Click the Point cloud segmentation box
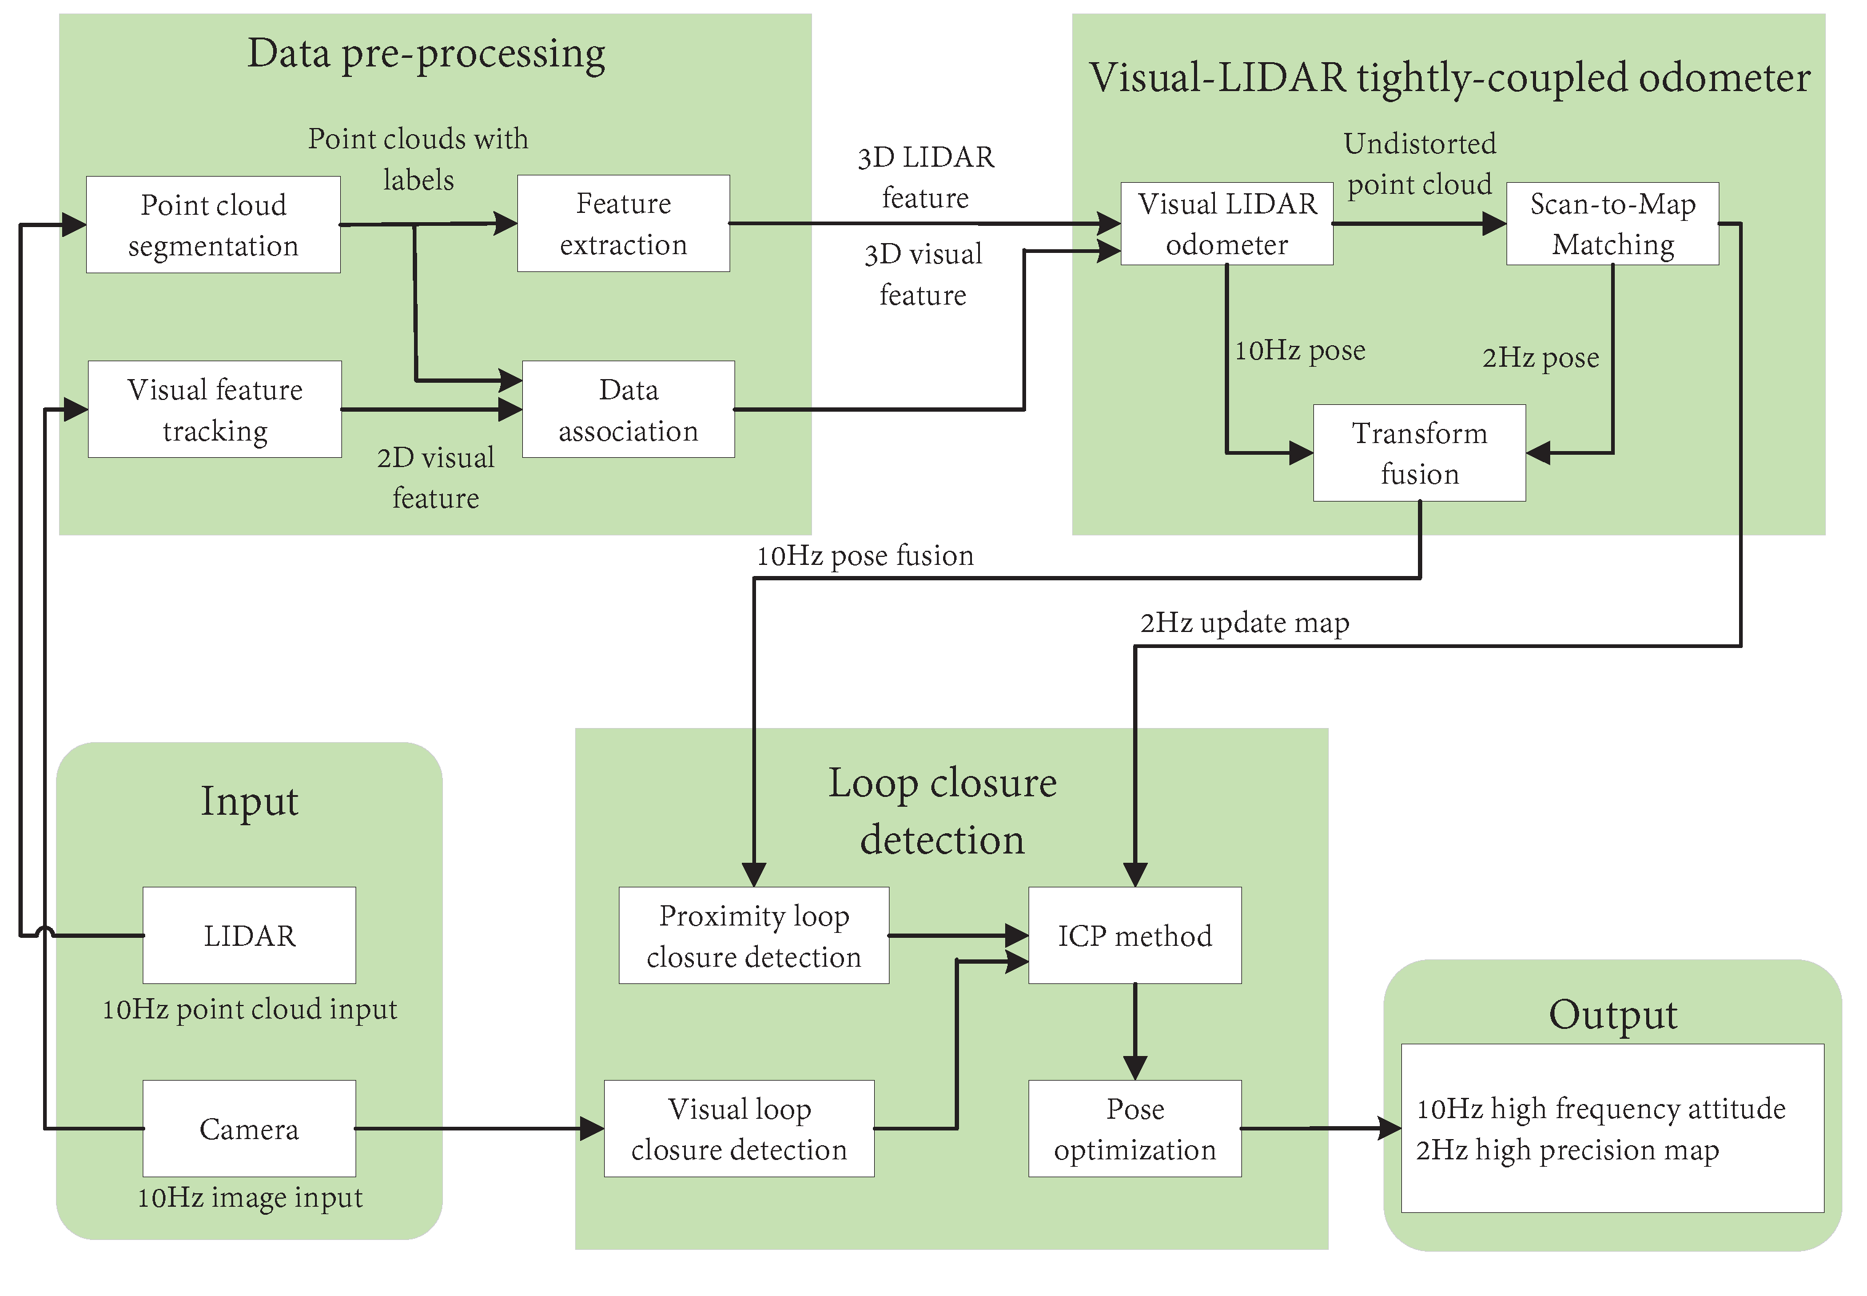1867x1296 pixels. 213,225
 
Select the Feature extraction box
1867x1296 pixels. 623,223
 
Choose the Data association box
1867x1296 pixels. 627,409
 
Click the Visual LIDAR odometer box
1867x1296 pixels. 1226,223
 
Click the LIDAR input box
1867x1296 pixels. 249,935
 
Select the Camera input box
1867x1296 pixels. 249,1128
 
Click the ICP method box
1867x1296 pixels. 1134,935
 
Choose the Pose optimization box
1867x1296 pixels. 1134,1128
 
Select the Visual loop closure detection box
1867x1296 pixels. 739,1128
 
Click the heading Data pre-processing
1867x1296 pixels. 426,54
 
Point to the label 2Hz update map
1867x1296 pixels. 1244,622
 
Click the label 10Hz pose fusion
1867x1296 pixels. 864,556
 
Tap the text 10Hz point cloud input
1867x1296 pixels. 249,1009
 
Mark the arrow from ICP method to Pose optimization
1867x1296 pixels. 1134,1031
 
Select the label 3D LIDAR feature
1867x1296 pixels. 925,177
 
